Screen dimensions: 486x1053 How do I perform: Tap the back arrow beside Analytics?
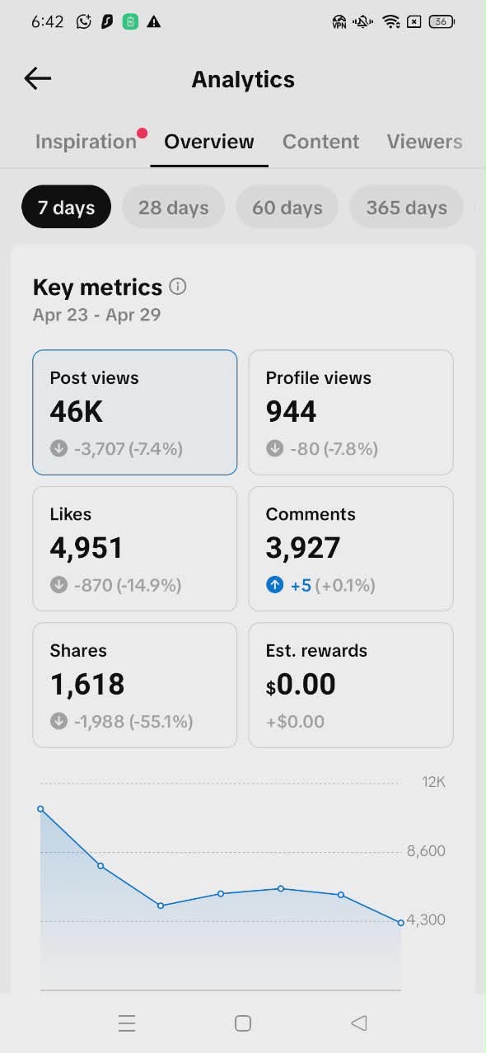click(x=38, y=78)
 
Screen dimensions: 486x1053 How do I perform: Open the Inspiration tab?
click(x=86, y=142)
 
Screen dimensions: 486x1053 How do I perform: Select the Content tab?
click(x=320, y=142)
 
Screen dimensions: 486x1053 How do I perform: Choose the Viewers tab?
click(x=424, y=142)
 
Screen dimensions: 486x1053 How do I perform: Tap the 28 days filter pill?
click(x=174, y=208)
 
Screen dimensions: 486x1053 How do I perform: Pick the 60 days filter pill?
click(x=287, y=208)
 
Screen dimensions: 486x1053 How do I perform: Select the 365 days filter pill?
click(x=407, y=208)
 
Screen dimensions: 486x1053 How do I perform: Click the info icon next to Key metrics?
click(x=178, y=286)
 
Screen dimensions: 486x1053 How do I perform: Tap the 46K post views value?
click(x=76, y=411)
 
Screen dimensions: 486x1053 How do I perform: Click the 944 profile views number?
click(x=291, y=411)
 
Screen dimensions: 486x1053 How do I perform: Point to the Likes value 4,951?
click(x=86, y=548)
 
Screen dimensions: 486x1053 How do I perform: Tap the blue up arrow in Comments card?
click(x=274, y=585)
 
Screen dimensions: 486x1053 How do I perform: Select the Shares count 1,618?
click(x=87, y=684)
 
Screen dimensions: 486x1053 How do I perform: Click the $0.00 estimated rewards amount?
click(x=301, y=684)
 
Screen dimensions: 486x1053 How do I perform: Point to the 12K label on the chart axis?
click(x=433, y=782)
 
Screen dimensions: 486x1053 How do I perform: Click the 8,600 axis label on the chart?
click(x=426, y=851)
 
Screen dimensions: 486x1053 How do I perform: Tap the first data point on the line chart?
click(x=41, y=809)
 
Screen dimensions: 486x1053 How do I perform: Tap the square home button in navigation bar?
click(x=242, y=1023)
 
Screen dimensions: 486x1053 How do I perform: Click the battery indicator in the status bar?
click(x=442, y=21)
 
